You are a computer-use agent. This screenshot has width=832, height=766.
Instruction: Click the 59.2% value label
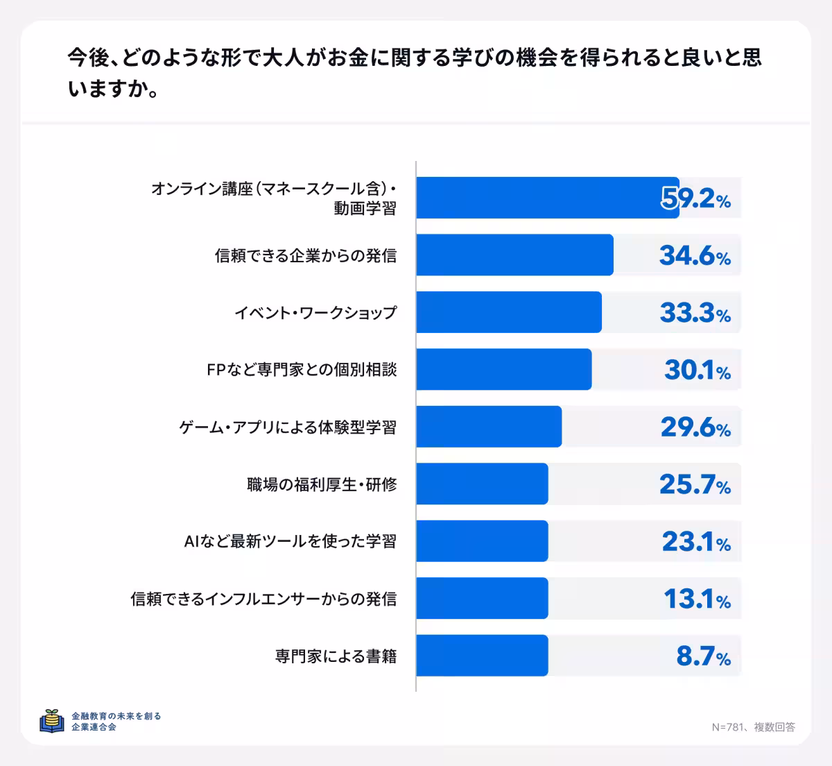pos(695,199)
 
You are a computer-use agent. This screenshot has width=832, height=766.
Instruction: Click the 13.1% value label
pos(697,599)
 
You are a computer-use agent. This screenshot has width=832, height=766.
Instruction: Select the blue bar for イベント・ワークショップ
pos(509,312)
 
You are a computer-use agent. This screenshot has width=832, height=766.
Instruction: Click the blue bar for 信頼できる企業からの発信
pos(514,255)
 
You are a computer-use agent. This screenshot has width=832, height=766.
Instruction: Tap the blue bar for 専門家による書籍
pos(482,656)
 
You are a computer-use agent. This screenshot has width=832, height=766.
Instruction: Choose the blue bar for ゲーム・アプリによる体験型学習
pos(489,427)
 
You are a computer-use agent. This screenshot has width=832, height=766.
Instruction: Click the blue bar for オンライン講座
pos(548,198)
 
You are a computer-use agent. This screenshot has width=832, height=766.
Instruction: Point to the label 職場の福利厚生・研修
pos(322,484)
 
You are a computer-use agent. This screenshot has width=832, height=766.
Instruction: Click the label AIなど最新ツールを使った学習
pos(290,541)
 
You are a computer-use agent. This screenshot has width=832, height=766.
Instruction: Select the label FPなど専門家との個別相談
pos(302,370)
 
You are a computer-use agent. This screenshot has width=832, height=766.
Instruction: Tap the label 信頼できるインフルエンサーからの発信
pos(263,599)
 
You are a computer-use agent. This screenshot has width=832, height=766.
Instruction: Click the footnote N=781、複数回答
pos(753,727)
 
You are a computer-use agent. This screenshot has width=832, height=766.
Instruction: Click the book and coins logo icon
pos(52,721)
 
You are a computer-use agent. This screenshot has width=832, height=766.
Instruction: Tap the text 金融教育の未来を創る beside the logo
pos(116,715)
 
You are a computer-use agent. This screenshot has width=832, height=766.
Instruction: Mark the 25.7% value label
pos(695,485)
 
